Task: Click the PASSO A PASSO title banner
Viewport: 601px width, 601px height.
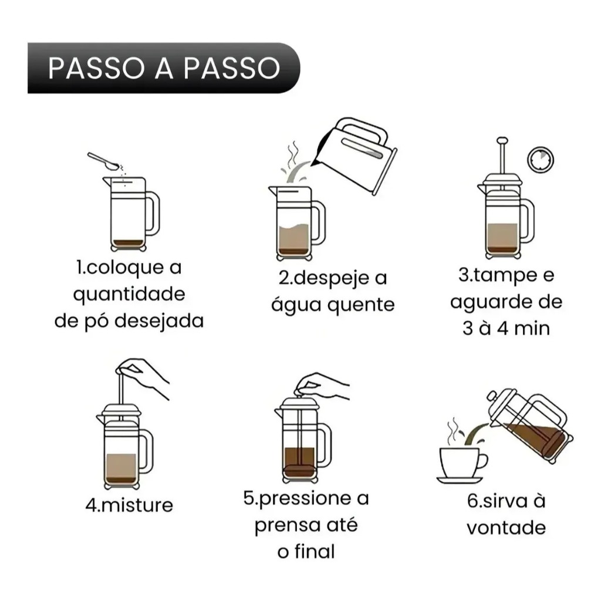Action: (x=164, y=68)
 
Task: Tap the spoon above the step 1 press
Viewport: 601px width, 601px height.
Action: (x=103, y=161)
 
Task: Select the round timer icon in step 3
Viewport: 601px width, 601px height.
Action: (x=541, y=160)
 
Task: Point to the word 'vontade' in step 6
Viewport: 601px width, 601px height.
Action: (x=507, y=528)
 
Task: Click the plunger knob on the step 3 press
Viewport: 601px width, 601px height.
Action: (x=502, y=141)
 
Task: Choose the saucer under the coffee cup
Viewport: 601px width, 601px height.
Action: (x=460, y=480)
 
